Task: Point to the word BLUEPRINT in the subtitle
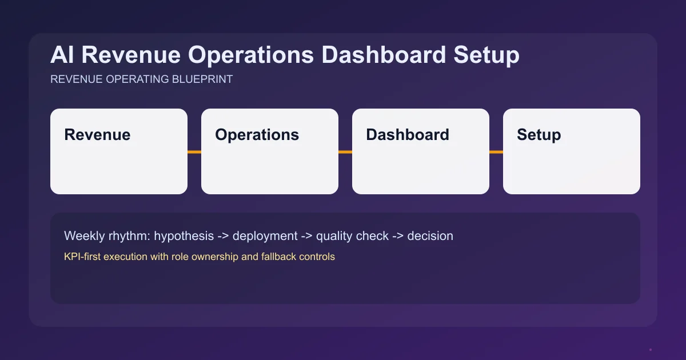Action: coord(202,79)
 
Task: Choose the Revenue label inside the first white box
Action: coord(97,135)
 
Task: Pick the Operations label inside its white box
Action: coord(257,135)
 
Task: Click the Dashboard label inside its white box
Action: coord(408,135)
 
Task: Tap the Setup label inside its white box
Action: coord(539,135)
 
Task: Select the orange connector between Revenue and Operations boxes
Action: coord(194,152)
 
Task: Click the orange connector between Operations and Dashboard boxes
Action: coord(345,152)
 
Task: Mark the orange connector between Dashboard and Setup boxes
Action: coord(496,152)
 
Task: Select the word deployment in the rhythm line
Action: coord(265,236)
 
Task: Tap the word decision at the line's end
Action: coord(430,235)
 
